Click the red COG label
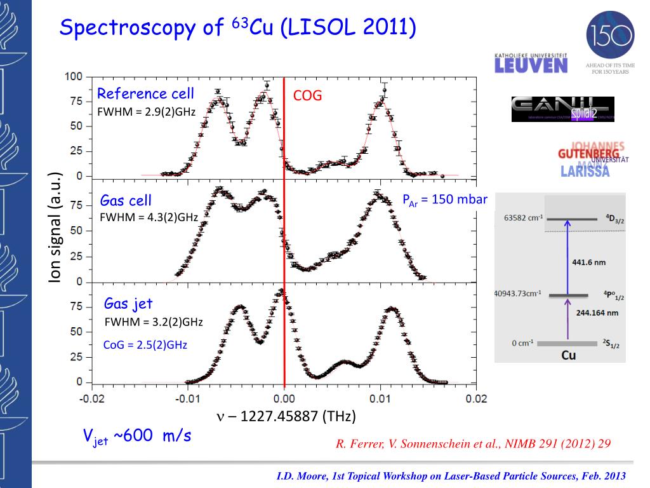[307, 96]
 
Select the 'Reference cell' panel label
[145, 94]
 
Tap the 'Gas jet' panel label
[128, 303]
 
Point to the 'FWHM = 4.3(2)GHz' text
[149, 217]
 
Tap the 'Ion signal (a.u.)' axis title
[56, 228]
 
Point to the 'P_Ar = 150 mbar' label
[444, 200]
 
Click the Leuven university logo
[531, 62]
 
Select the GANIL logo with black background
[562, 109]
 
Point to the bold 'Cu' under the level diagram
[569, 355]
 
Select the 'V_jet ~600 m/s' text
[137, 437]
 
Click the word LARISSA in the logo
[585, 171]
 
